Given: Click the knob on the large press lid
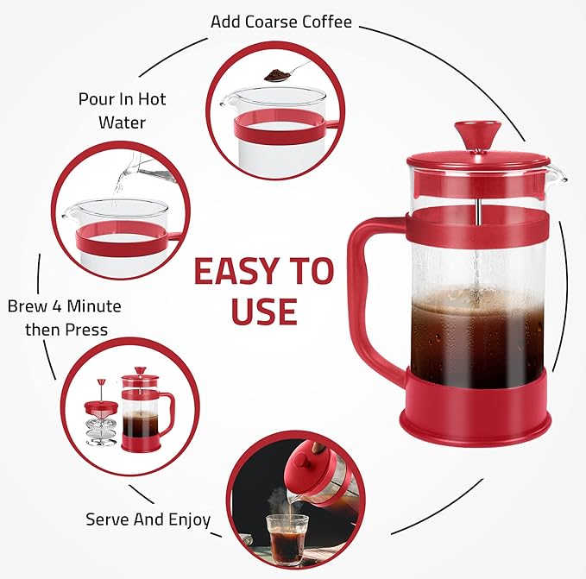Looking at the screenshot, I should (476, 135).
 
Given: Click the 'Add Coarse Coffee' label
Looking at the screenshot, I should (281, 21).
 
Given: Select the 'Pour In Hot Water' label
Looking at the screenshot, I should (122, 110).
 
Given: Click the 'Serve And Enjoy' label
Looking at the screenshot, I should (148, 519).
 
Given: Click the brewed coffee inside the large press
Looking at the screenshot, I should (476, 341).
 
